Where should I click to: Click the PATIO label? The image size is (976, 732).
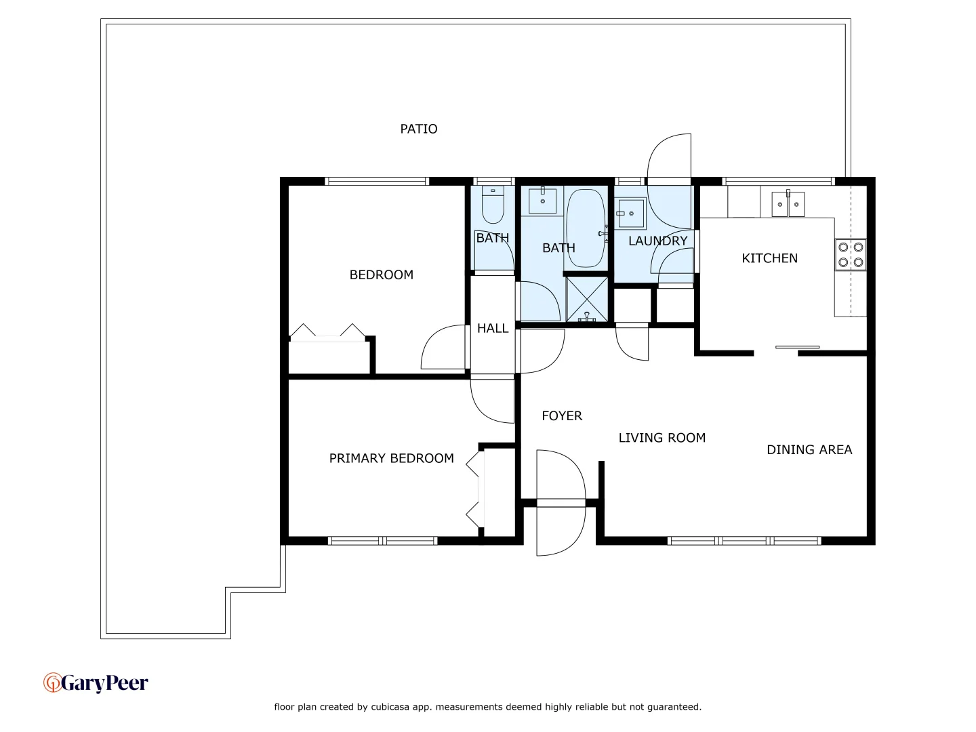click(x=418, y=129)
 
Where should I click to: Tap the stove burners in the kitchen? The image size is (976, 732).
click(x=850, y=255)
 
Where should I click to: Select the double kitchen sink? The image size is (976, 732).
click(x=788, y=204)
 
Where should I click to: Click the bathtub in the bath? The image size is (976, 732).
click(x=585, y=228)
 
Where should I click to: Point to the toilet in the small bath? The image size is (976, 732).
click(x=493, y=204)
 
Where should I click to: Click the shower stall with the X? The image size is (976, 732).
click(x=587, y=299)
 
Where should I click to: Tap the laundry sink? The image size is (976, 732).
click(x=631, y=213)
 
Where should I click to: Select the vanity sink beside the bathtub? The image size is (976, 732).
click(x=542, y=201)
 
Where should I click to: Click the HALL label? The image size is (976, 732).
click(x=493, y=329)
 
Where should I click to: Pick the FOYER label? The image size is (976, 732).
click(x=562, y=416)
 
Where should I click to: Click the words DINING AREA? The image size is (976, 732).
click(x=809, y=450)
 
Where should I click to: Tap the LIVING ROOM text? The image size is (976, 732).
click(x=662, y=438)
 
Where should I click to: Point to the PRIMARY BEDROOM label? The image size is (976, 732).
click(x=391, y=459)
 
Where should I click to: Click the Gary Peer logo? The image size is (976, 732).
click(x=96, y=683)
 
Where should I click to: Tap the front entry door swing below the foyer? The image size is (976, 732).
click(x=560, y=529)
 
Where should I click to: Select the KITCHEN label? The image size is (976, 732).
click(x=769, y=258)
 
